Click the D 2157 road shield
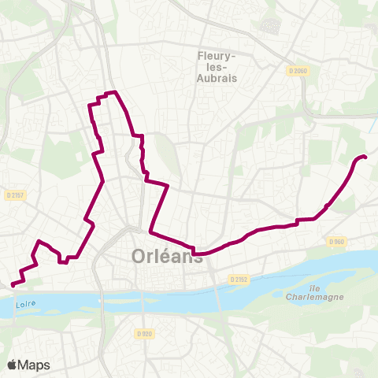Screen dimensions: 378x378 point(14,195)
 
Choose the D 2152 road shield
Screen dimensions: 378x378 point(240,280)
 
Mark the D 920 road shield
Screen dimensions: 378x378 point(143,334)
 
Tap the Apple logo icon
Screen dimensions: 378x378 point(12,365)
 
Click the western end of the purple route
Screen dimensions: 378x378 point(12,285)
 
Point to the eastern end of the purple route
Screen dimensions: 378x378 point(366,158)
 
